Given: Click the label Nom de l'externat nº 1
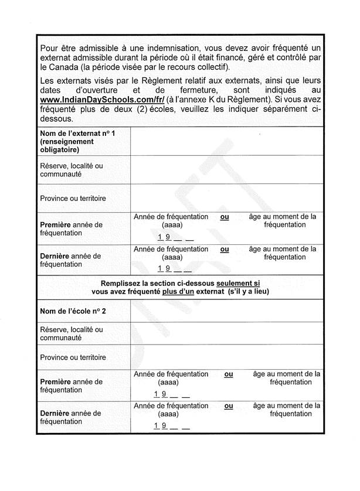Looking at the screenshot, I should click(77, 134).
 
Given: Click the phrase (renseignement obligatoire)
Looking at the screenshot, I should click(67, 145).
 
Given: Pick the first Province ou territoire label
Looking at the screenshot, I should click(73, 198).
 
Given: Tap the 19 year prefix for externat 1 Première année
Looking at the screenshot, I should click(164, 237).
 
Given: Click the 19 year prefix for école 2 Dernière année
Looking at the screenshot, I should click(160, 426).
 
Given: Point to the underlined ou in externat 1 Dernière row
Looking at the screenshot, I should click(224, 248).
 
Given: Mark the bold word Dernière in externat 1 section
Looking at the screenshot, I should click(55, 256).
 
